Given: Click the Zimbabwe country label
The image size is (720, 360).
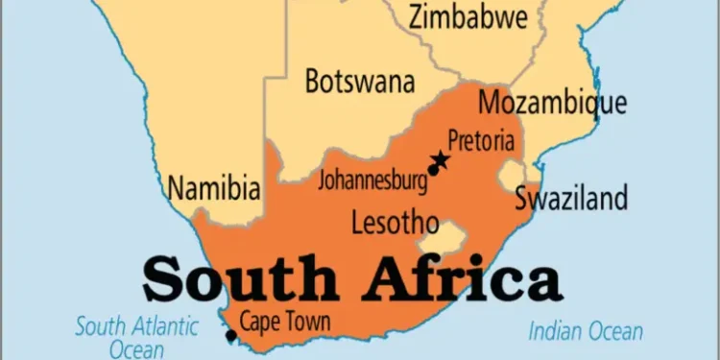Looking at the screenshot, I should tap(468, 17).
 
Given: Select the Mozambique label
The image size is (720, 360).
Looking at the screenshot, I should tap(552, 103).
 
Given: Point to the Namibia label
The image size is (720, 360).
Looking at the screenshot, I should tap(214, 187).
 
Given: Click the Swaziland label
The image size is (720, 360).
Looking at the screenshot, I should tap(571, 199).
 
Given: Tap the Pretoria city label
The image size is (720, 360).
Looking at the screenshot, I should tap(481, 140).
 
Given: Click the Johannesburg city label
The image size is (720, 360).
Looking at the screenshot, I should tap(372, 178).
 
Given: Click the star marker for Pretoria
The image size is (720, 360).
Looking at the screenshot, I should tap(441, 158).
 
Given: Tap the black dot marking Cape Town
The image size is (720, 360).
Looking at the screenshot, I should tap(229, 335).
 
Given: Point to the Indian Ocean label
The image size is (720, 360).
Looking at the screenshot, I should tap(586, 332).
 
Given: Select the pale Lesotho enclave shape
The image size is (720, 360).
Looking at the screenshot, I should tap(449, 233).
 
